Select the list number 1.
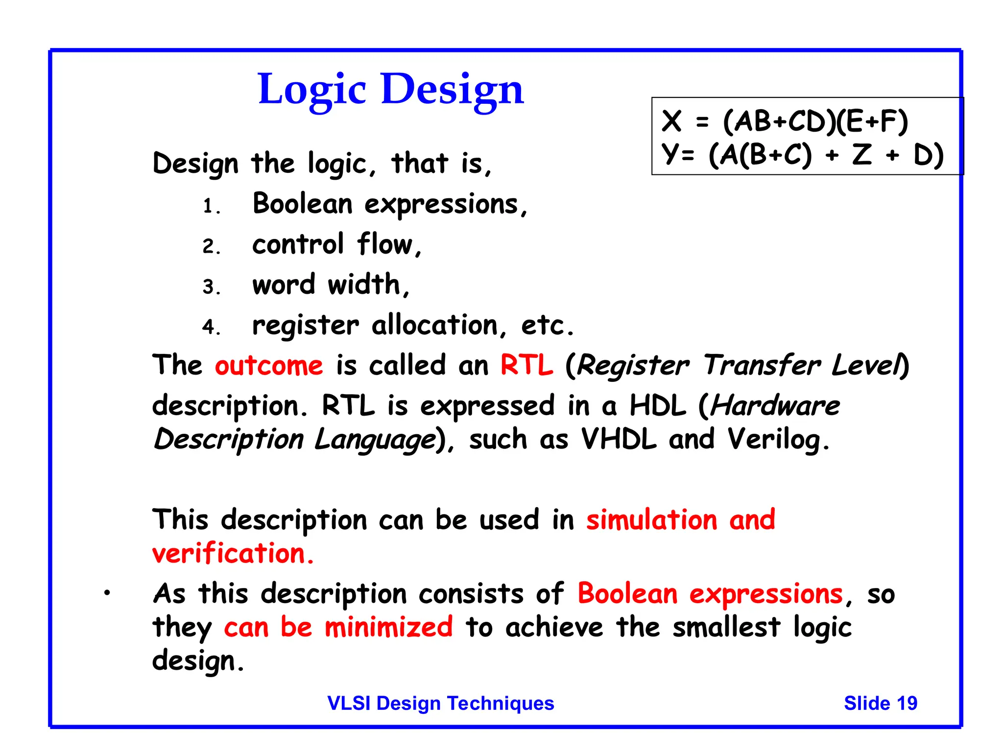point(209,206)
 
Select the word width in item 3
point(364,284)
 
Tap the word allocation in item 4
point(434,325)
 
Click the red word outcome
point(269,366)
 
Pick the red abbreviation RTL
point(526,366)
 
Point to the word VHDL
point(618,439)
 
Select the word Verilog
point(774,439)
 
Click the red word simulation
point(652,520)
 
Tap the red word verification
point(229,554)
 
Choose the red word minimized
point(388,628)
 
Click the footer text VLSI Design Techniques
point(440,703)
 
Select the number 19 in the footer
point(907,703)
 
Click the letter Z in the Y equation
point(862,155)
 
